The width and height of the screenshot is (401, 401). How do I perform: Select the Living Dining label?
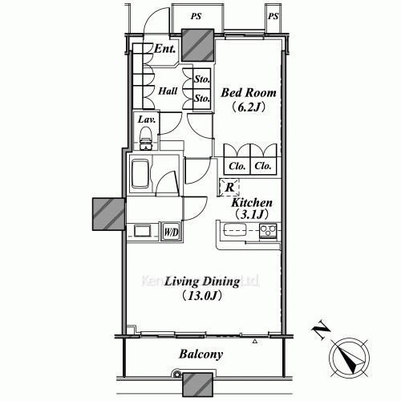(203, 282)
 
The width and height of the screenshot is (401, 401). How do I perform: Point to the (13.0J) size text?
(202, 297)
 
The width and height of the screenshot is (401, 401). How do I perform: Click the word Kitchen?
(253, 204)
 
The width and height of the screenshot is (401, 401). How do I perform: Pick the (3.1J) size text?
(253, 215)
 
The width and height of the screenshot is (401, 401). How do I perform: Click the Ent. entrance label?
(165, 50)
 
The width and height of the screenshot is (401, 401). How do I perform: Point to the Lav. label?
(146, 119)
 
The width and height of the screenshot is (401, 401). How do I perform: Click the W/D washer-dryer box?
(171, 232)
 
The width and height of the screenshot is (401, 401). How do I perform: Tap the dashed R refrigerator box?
(229, 188)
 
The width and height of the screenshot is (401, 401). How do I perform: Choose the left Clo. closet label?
(237, 166)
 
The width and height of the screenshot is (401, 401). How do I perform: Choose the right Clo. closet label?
(262, 166)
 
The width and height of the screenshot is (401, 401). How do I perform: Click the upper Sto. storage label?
(202, 80)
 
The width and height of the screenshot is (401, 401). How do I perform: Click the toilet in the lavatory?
(146, 143)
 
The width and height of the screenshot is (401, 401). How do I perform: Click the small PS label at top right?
(273, 16)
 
